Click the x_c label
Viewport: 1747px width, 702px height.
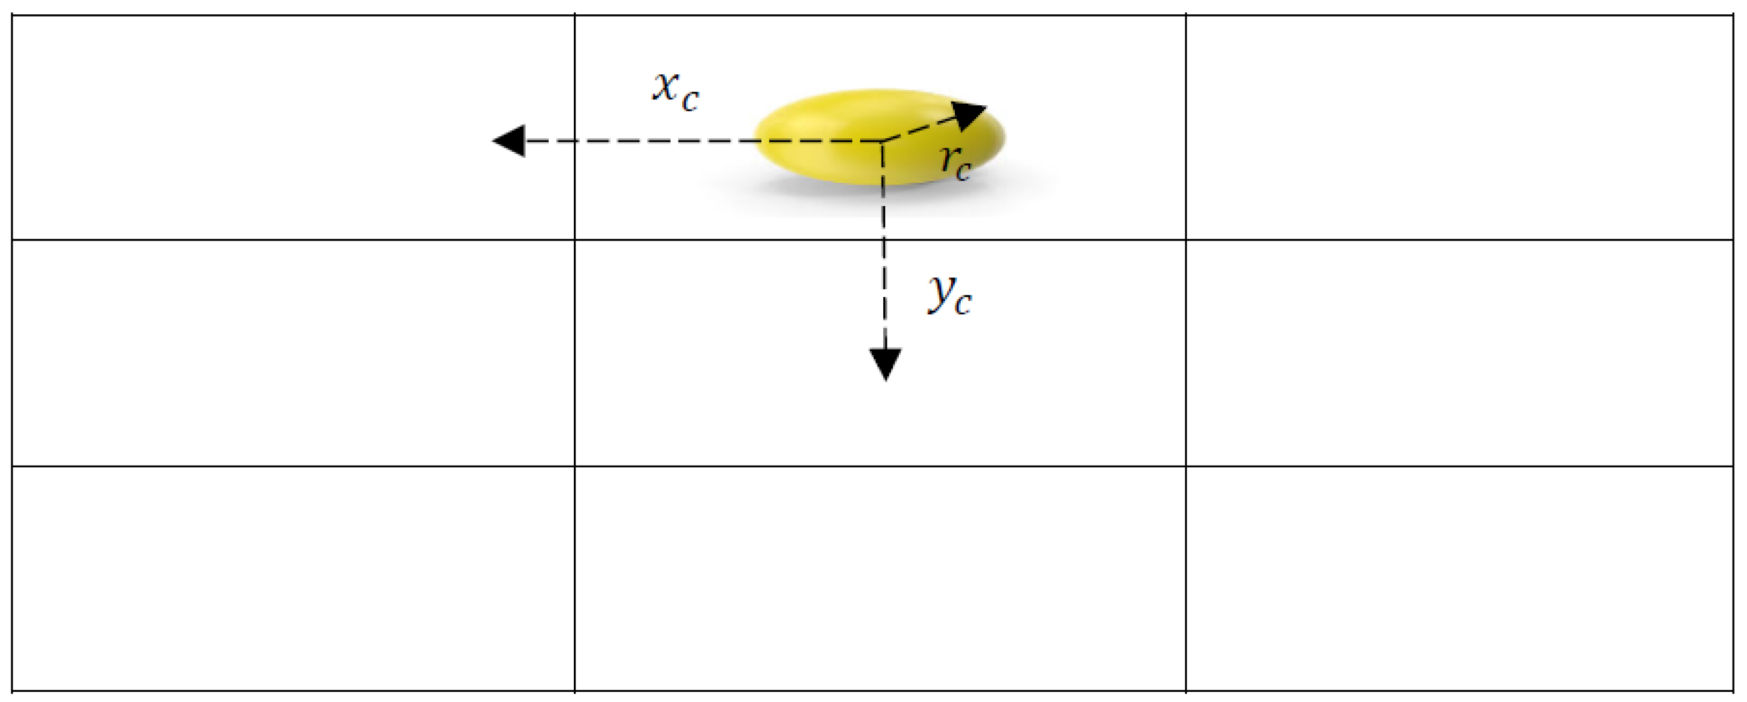[675, 91]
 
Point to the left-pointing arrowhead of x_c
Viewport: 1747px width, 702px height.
[509, 141]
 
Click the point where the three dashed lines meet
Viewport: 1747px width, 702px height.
[882, 141]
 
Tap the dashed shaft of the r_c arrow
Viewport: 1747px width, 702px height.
[919, 129]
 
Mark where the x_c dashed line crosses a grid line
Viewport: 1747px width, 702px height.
[575, 141]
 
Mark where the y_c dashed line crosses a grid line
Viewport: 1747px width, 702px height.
[883, 239]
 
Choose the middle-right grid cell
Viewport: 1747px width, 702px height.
[1458, 352]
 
